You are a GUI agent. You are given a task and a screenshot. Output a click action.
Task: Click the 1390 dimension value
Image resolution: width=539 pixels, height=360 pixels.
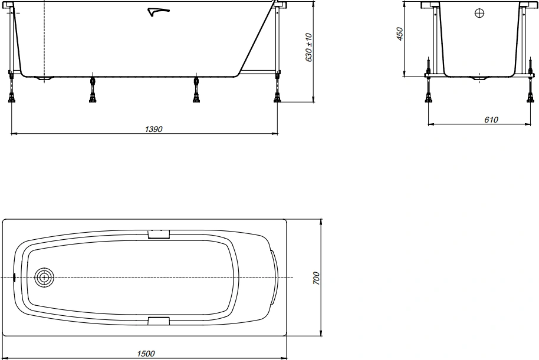point(154,129)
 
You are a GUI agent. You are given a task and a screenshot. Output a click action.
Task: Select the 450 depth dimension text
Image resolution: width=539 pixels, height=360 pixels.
point(399,34)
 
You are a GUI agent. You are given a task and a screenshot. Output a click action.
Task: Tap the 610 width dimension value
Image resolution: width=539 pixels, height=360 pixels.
point(491,120)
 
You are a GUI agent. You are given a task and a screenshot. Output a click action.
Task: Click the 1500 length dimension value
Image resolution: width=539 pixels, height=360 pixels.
point(146,354)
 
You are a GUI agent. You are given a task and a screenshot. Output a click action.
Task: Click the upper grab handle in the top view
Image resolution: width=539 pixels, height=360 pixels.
point(159,234)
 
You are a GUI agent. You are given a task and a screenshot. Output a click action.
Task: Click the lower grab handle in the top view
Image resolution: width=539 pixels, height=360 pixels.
point(159,320)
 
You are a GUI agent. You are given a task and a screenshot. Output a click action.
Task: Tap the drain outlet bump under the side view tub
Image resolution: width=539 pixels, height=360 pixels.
point(44,78)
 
